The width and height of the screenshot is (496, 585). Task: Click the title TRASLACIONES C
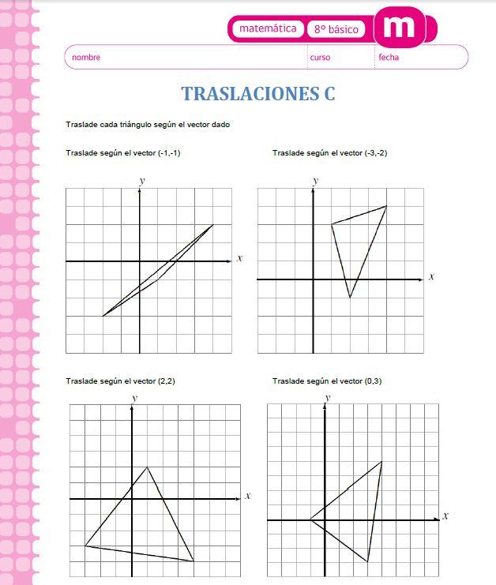coord(258,93)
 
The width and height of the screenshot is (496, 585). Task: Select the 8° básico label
coord(336,29)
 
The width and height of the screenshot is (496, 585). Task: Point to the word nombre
coord(86,58)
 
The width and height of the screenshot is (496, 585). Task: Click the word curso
coord(320,58)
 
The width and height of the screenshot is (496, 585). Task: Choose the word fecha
coord(389,58)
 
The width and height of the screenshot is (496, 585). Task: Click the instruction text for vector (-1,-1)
coord(124,152)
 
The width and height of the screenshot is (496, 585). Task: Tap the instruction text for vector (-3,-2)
coord(330,152)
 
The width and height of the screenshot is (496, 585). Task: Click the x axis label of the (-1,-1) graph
coord(239,258)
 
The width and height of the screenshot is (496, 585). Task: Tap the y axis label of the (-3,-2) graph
coord(315,181)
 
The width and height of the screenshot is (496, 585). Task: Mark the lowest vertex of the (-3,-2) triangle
coord(350,297)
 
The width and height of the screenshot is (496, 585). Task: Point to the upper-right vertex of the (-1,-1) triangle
coord(213,225)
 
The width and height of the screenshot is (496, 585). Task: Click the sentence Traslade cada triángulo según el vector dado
coord(148,125)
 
